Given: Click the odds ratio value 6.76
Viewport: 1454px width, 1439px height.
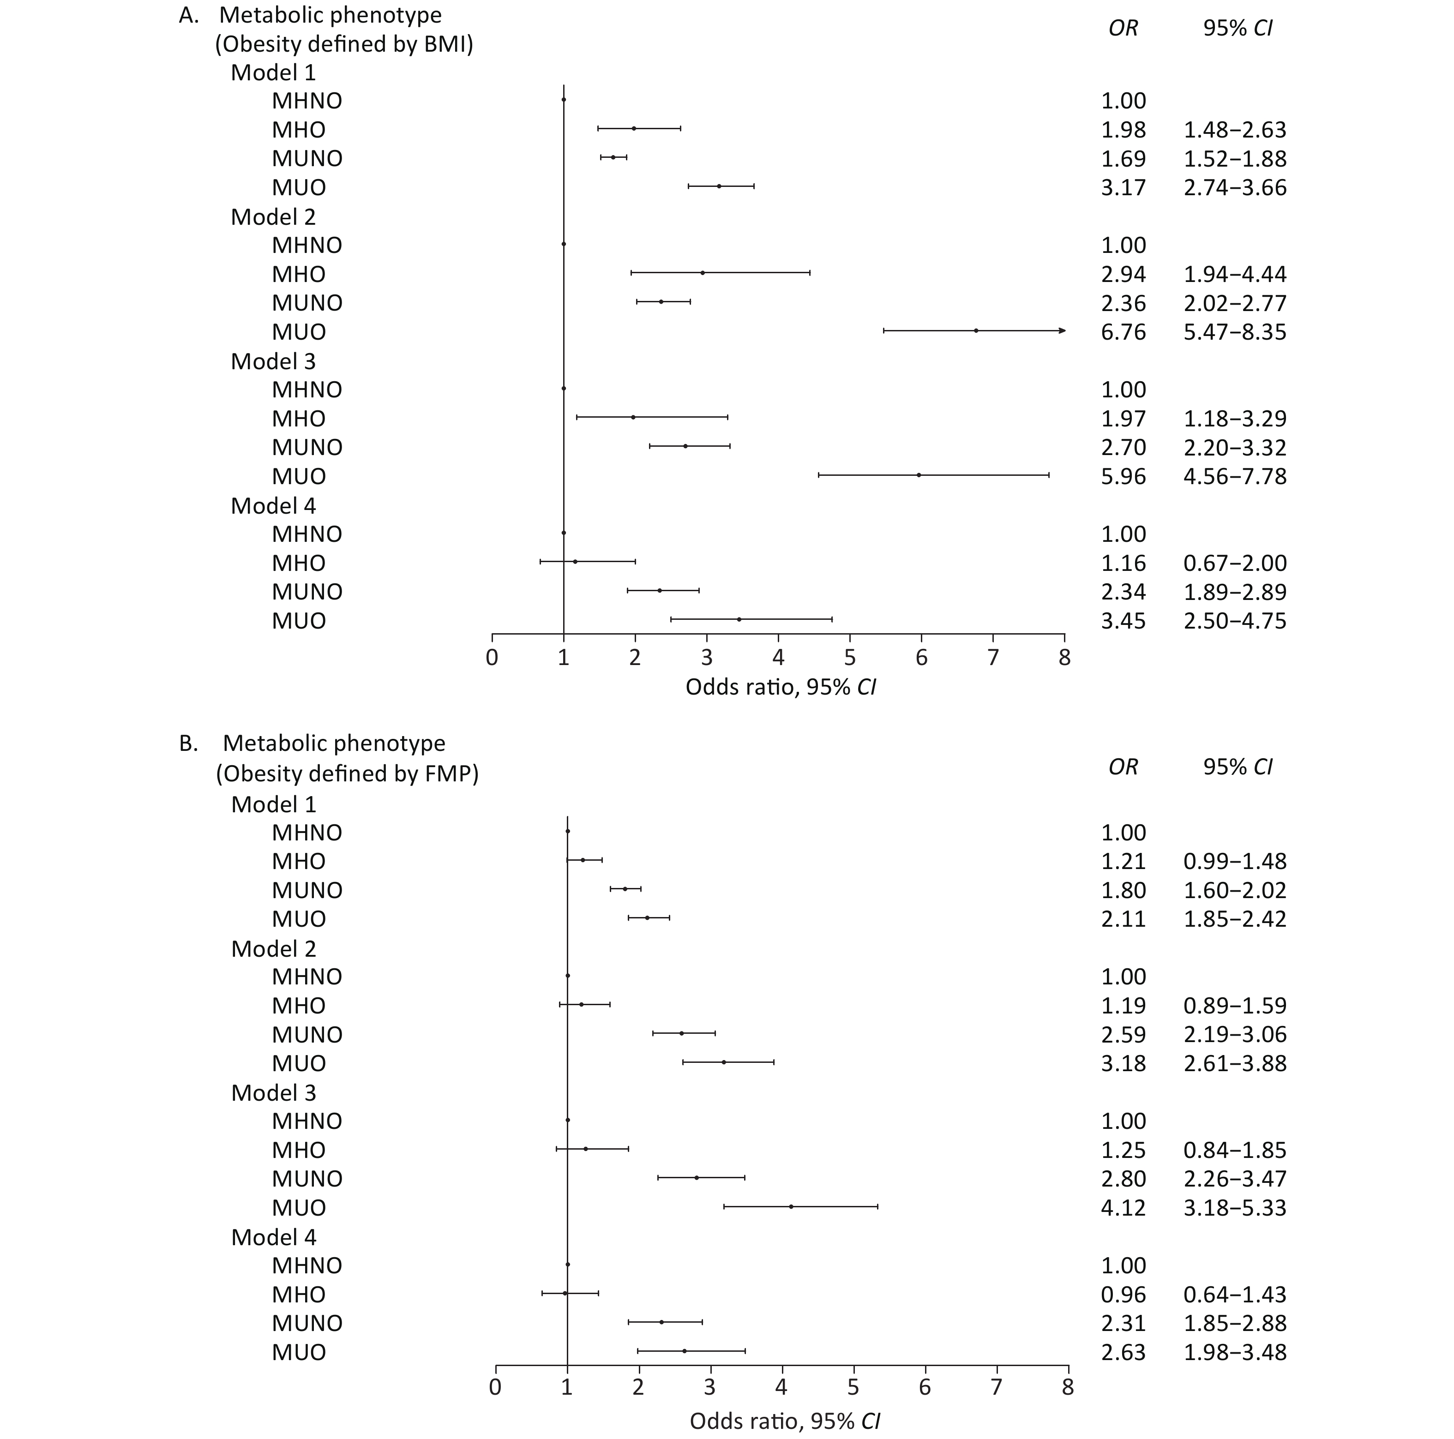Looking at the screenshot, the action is (1123, 332).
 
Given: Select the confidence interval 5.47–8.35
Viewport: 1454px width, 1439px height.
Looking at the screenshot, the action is (1235, 332).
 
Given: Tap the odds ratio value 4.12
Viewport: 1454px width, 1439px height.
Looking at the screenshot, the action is (1123, 1208).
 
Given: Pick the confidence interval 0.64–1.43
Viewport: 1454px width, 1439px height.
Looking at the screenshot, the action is (1235, 1295).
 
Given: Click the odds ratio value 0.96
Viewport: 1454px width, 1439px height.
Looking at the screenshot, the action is (1123, 1295).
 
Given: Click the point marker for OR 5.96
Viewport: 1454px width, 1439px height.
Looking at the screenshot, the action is (919, 475).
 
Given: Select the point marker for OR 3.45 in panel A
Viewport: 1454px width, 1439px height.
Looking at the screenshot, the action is (739, 619).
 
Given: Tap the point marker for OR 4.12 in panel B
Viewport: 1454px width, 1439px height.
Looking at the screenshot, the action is (791, 1206).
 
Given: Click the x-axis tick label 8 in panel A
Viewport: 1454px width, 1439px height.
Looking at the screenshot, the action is (1064, 658).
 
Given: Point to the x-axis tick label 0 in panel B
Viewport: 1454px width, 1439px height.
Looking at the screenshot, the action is (495, 1386).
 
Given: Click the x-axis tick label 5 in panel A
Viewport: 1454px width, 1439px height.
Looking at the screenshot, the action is (850, 658).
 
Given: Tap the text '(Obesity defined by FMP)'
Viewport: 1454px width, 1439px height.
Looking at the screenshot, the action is (348, 773).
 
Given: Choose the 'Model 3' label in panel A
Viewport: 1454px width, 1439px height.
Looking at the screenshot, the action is (273, 361).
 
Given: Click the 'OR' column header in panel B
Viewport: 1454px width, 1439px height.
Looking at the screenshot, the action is (1124, 767).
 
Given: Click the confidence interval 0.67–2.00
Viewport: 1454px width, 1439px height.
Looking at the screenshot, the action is (1235, 563).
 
